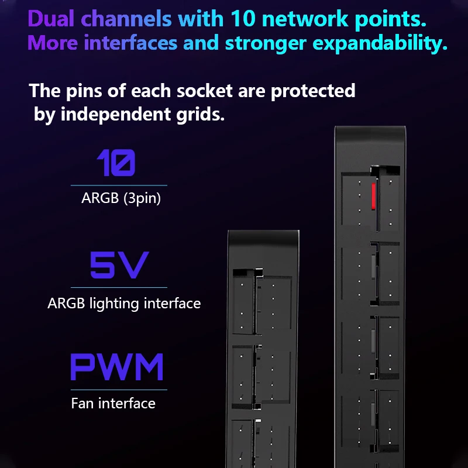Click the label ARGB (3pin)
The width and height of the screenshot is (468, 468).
[x=121, y=199]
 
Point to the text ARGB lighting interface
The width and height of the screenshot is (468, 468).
[x=124, y=304]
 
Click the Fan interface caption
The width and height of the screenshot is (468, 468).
[x=113, y=403]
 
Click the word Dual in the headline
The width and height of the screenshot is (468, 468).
[x=52, y=19]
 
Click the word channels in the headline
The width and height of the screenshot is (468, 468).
[x=127, y=19]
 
